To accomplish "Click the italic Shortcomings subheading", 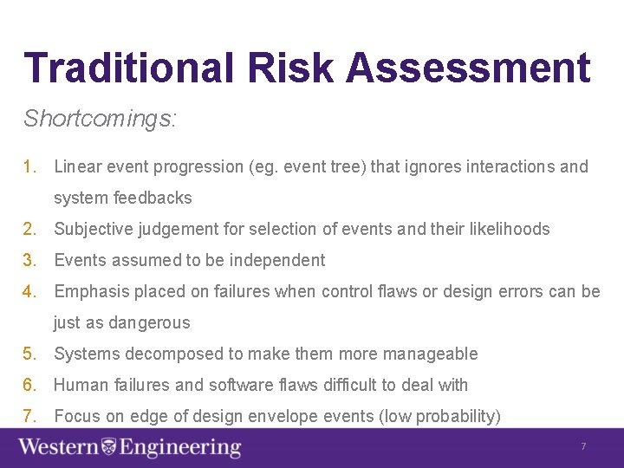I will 100,119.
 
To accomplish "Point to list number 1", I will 30,166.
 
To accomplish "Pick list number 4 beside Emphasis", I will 30,291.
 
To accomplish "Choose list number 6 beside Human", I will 30,385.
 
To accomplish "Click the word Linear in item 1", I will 78,166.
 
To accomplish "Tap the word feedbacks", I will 153,198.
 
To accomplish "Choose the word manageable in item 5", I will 431,354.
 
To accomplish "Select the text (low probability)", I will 439,416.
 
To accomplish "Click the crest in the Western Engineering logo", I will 109,447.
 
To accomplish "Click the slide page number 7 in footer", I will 583,446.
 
